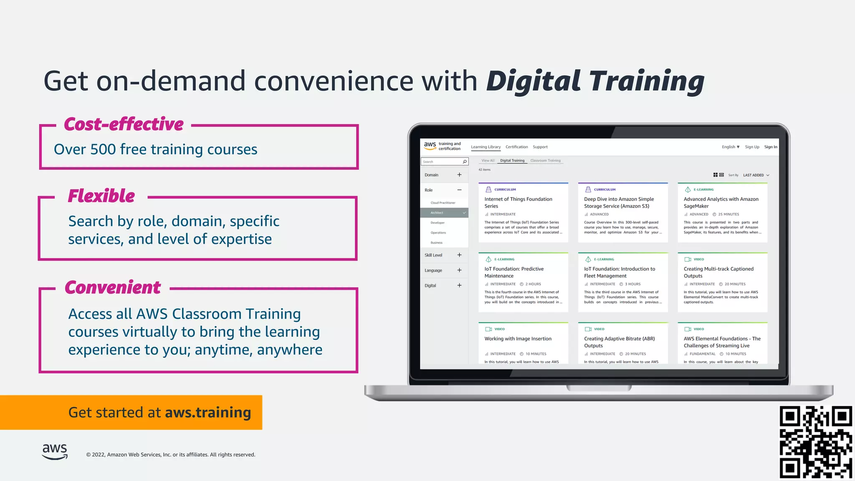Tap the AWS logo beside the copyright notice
coord(55,451)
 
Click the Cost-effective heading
coord(124,124)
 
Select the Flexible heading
coord(101,196)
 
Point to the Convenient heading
coord(113,287)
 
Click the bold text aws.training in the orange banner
coord(208,413)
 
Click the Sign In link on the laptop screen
coord(770,147)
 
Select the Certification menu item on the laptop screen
coord(516,147)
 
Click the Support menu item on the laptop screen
coord(540,147)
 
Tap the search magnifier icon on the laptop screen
coord(465,162)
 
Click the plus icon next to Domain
coord(459,175)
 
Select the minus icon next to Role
coord(459,190)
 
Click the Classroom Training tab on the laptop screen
coord(545,161)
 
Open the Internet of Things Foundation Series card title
coord(518,203)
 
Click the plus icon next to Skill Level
coord(459,255)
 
